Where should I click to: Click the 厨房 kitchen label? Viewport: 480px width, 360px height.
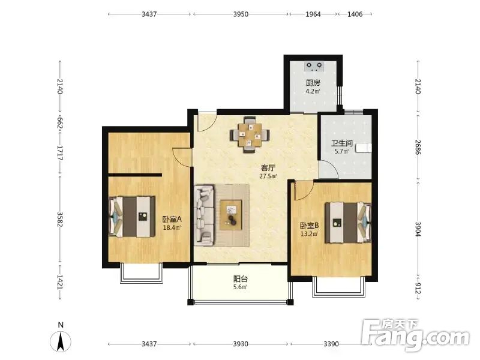coord(313,83)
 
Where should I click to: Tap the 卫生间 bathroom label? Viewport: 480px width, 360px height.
coord(341,143)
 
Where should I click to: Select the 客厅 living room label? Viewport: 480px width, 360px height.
coord(268,168)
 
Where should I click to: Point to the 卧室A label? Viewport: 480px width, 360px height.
coord(172,219)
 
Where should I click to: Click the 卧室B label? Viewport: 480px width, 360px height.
coord(309,226)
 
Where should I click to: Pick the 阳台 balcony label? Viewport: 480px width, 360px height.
coord(241,279)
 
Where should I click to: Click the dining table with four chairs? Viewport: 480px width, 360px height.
coord(250,134)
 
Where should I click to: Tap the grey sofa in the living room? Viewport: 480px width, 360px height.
coord(204,215)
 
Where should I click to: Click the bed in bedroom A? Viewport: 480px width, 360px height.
coord(132,217)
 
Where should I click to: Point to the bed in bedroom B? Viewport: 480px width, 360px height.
coord(348,222)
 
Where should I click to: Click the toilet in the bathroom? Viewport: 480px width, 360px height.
coord(364,148)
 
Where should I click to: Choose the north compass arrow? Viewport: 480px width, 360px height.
coord(61,341)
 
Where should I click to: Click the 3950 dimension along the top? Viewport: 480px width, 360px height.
coord(241,14)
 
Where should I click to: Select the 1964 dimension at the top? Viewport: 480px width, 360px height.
coord(313,14)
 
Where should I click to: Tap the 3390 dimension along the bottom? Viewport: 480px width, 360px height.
coord(331,344)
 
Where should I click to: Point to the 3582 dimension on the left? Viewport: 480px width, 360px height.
coord(60,220)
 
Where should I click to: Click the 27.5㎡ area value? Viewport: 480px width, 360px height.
coord(268,176)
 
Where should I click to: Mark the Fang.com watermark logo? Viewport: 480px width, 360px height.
coord(415,335)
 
